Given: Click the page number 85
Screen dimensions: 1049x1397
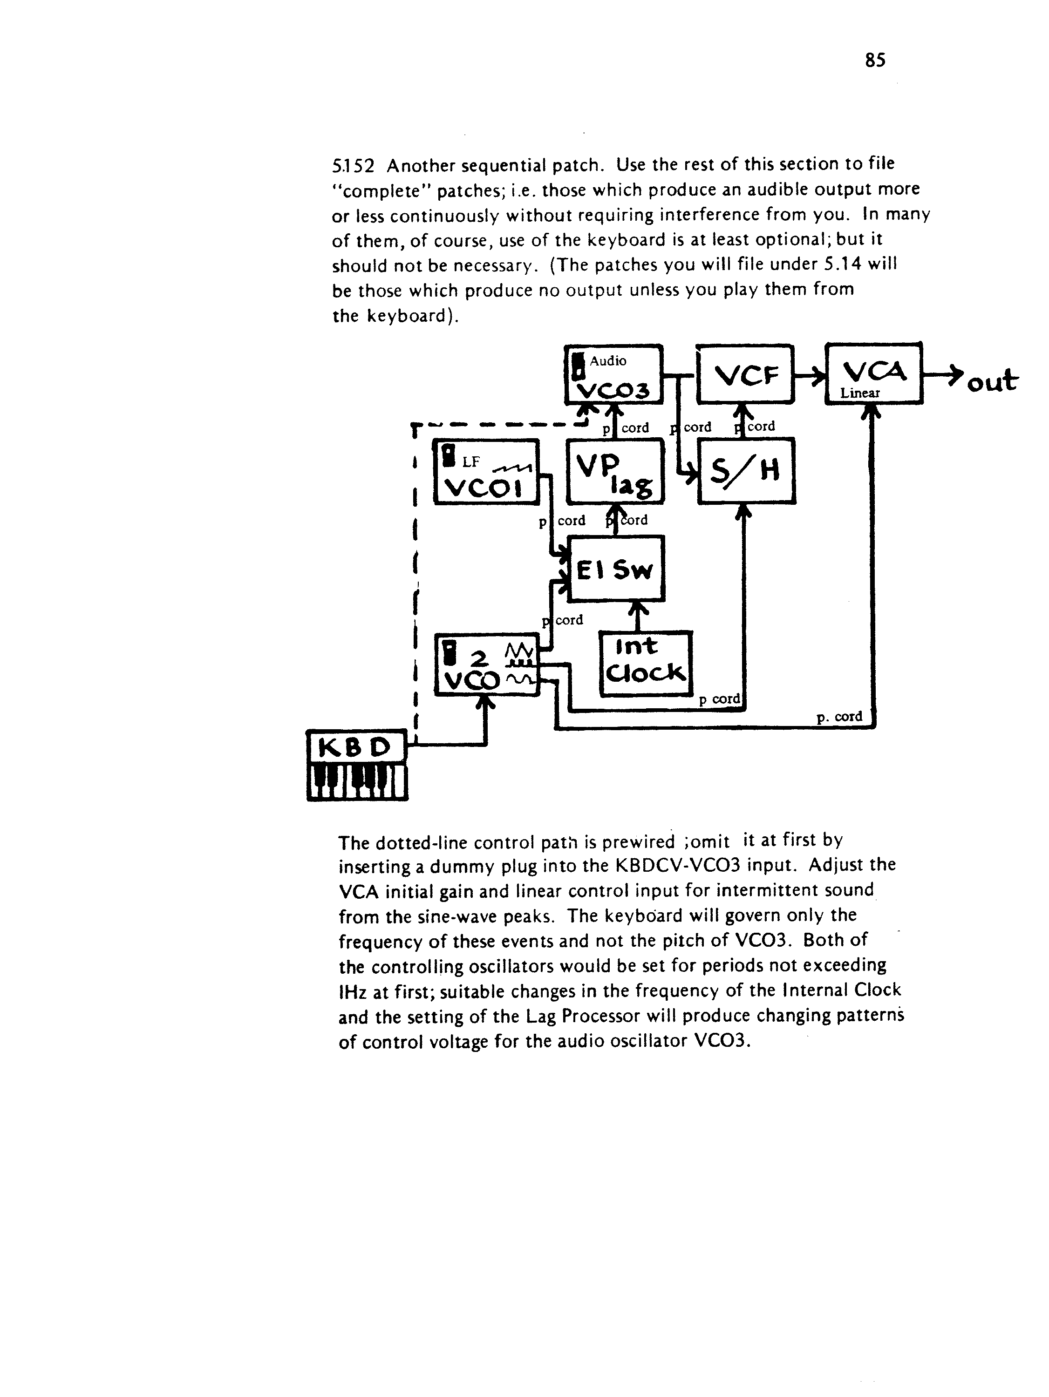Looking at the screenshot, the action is point(875,61).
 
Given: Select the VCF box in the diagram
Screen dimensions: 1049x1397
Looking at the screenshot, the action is point(744,374).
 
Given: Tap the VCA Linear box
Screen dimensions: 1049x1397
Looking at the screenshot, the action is point(874,373).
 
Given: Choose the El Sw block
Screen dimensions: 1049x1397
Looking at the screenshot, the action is point(616,569).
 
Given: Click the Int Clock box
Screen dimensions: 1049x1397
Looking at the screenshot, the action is point(646,664).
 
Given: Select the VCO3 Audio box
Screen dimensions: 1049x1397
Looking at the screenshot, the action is point(613,374).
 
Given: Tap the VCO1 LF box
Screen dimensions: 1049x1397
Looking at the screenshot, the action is point(486,472).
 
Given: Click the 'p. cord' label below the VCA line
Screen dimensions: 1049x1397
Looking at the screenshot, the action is point(839,717).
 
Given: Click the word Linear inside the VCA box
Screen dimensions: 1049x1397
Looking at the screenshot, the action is point(859,393).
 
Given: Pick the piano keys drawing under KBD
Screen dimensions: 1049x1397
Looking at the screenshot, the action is point(357,782).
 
